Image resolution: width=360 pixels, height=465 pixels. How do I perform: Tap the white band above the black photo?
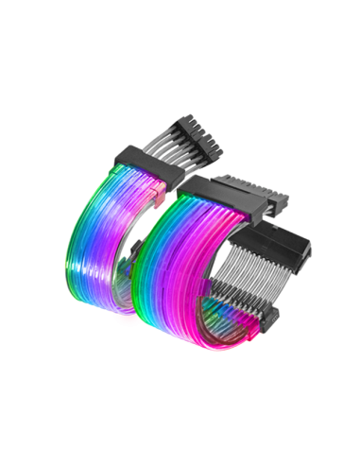(x=180, y=47)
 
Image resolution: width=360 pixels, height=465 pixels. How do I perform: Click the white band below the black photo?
(x=180, y=416)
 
